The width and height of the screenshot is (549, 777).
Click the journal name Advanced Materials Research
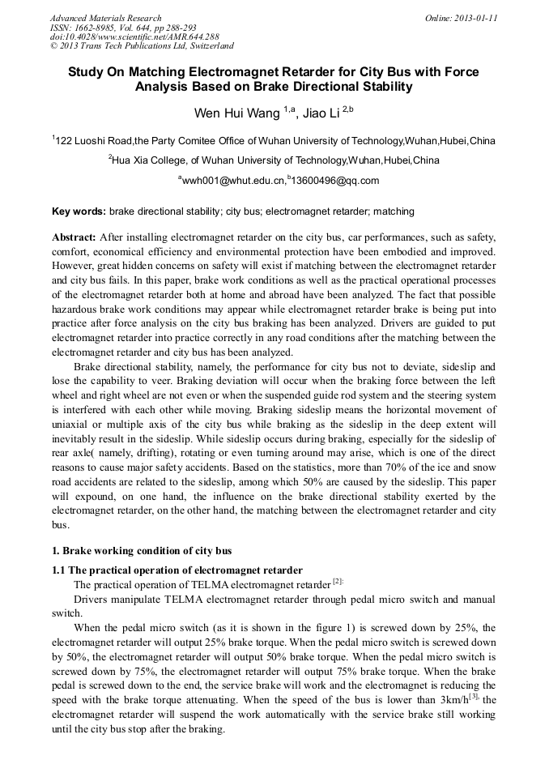105,18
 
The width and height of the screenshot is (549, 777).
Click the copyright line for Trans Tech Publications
142,47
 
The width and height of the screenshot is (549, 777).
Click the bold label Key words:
79,211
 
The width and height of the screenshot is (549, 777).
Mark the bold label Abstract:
74,237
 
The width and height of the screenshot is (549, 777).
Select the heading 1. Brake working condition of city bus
142,551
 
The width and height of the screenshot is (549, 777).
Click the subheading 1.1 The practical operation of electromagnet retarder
177,570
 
